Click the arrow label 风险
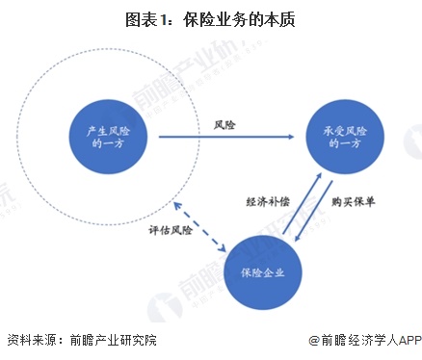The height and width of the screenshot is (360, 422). pyautogui.click(x=224, y=125)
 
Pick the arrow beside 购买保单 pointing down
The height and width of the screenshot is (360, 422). pyautogui.click(x=314, y=213)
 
